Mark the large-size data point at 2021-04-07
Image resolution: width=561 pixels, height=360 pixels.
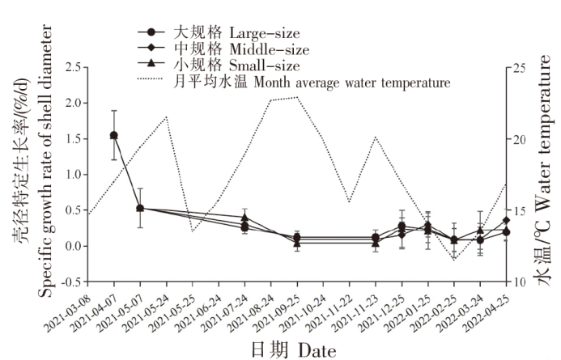114,136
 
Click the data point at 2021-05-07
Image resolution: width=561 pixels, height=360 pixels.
140,208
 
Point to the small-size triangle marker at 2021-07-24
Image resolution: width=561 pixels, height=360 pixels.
244,218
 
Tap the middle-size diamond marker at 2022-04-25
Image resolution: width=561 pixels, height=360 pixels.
506,220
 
